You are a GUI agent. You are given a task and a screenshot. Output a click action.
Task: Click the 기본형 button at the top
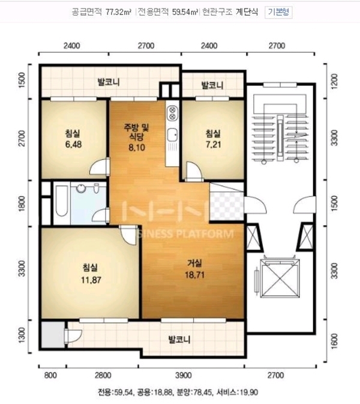tap(278, 12)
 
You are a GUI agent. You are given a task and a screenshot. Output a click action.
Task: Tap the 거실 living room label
tap(194, 264)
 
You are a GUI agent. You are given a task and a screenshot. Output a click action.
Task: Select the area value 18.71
tap(194, 275)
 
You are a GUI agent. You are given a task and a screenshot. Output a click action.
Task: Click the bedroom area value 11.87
tap(91, 280)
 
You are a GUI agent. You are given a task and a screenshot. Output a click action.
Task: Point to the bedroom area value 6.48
tap(73, 144)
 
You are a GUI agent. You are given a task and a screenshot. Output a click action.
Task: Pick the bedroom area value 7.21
tap(213, 144)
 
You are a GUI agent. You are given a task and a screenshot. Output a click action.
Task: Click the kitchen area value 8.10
tap(137, 148)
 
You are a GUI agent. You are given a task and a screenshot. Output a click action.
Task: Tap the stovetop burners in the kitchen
tap(172, 113)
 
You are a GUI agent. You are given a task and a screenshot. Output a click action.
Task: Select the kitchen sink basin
tap(172, 135)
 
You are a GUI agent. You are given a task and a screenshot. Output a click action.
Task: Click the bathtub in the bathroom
tap(62, 200)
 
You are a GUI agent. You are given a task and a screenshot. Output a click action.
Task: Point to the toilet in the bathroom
tap(97, 188)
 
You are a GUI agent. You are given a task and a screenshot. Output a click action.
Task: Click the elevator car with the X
tap(280, 279)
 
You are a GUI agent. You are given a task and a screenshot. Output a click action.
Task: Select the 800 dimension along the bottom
tap(50, 375)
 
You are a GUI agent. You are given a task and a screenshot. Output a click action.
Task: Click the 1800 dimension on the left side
tap(22, 204)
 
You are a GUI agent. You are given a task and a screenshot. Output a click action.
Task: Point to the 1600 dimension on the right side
tap(334, 340)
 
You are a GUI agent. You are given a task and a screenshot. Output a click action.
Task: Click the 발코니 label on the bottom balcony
tap(179, 339)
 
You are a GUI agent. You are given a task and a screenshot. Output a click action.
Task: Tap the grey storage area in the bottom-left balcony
tap(53, 335)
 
